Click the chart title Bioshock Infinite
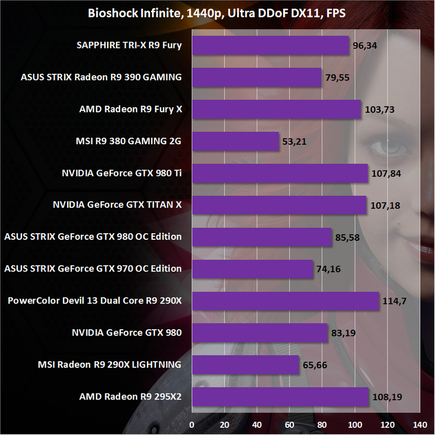tap(217, 14)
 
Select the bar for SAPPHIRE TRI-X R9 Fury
tap(271, 46)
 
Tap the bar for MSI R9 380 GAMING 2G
tap(236, 141)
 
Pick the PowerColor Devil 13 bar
tap(285, 301)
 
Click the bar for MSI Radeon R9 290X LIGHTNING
tap(246, 365)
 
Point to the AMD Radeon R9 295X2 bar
tap(280, 397)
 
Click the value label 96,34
tap(366, 46)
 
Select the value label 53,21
tap(296, 141)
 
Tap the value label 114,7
tap(394, 301)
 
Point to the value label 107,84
tap(387, 173)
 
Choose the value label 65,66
tap(316, 365)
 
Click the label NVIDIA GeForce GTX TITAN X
tap(117, 205)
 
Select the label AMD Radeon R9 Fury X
tap(130, 109)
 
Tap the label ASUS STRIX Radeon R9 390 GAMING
tap(101, 77)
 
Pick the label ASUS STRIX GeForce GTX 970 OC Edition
tap(93, 269)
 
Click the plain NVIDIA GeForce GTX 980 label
tap(126, 332)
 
